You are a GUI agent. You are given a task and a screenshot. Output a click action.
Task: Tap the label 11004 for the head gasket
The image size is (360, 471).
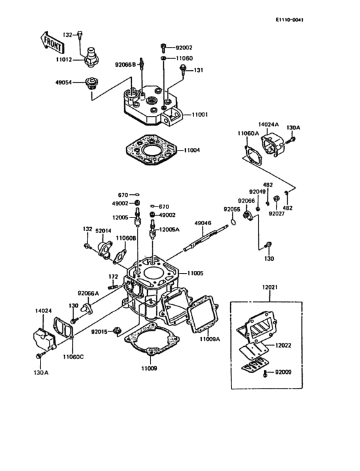pyautogui.click(x=192, y=150)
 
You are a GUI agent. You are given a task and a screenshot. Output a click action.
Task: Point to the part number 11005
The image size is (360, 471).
pyautogui.click(x=195, y=273)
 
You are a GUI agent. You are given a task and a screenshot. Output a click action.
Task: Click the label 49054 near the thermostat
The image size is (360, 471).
pyautogui.click(x=62, y=82)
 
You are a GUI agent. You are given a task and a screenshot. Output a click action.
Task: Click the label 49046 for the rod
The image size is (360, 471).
pyautogui.click(x=203, y=223)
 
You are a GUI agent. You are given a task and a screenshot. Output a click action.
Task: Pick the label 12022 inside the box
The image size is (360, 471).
pyautogui.click(x=283, y=346)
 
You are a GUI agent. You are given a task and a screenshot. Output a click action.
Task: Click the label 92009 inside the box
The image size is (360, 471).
pyautogui.click(x=283, y=372)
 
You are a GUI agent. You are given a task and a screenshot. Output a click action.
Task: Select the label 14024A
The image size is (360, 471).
pyautogui.click(x=269, y=124)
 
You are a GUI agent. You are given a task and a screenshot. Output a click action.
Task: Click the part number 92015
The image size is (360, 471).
pyautogui.click(x=99, y=332)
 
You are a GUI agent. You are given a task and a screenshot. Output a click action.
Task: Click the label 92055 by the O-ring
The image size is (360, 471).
pyautogui.click(x=232, y=209)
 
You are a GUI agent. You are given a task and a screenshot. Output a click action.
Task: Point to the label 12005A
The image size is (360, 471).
pyautogui.click(x=170, y=229)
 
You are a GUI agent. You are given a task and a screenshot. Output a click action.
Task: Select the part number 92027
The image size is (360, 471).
pyautogui.click(x=278, y=213)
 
